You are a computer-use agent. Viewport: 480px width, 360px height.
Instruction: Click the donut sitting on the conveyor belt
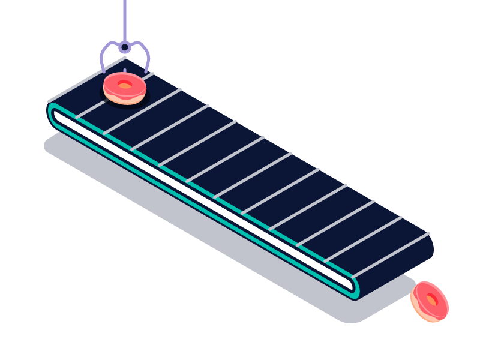(124, 88)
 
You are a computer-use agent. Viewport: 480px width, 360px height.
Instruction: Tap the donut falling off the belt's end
(430, 301)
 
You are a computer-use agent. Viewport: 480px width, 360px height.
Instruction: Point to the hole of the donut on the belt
(124, 85)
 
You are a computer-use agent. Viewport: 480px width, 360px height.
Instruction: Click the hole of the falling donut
(431, 299)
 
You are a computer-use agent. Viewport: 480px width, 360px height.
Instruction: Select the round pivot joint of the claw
(124, 47)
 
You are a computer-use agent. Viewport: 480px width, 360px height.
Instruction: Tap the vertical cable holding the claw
(124, 18)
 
